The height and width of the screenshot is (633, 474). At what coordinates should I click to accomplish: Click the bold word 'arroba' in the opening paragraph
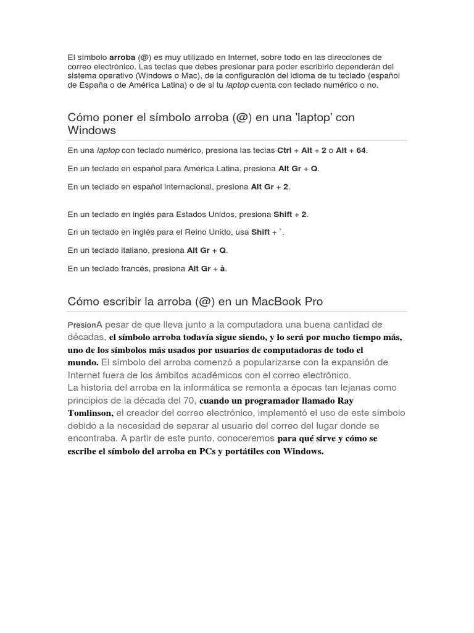click(122, 57)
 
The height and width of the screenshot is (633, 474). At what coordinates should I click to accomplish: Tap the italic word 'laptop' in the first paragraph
click(238, 85)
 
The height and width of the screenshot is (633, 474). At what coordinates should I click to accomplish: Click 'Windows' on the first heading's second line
click(92, 130)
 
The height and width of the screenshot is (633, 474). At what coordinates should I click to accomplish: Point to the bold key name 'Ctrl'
click(285, 150)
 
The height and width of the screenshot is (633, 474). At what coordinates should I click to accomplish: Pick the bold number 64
click(361, 150)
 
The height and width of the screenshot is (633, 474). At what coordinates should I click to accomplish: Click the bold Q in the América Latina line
click(314, 168)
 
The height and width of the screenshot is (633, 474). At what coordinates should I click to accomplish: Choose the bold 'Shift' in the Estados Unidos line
click(283, 215)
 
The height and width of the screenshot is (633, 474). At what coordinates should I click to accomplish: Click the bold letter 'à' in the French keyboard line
click(222, 268)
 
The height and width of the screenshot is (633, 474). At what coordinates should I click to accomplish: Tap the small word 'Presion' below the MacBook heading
click(82, 325)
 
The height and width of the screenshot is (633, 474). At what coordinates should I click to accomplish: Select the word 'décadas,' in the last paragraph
click(87, 338)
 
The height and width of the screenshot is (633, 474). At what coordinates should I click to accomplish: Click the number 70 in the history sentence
click(188, 400)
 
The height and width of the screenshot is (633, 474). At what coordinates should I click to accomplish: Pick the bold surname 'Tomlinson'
click(90, 413)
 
